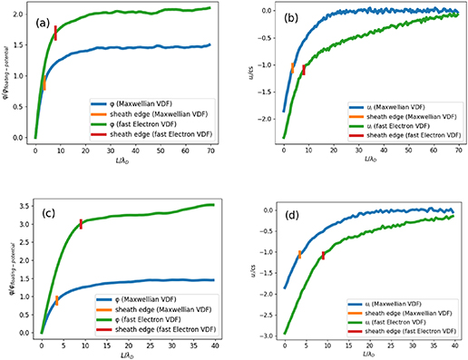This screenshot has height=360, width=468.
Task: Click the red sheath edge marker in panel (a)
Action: coord(55,33)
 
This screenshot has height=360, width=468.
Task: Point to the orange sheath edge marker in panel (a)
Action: coord(44,83)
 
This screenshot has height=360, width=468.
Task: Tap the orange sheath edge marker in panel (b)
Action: coord(292,67)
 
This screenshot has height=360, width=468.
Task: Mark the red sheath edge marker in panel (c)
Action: coord(81,224)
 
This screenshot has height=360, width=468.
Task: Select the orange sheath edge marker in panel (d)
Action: coord(300,254)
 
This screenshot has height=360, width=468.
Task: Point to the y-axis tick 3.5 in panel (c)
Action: coord(24,206)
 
